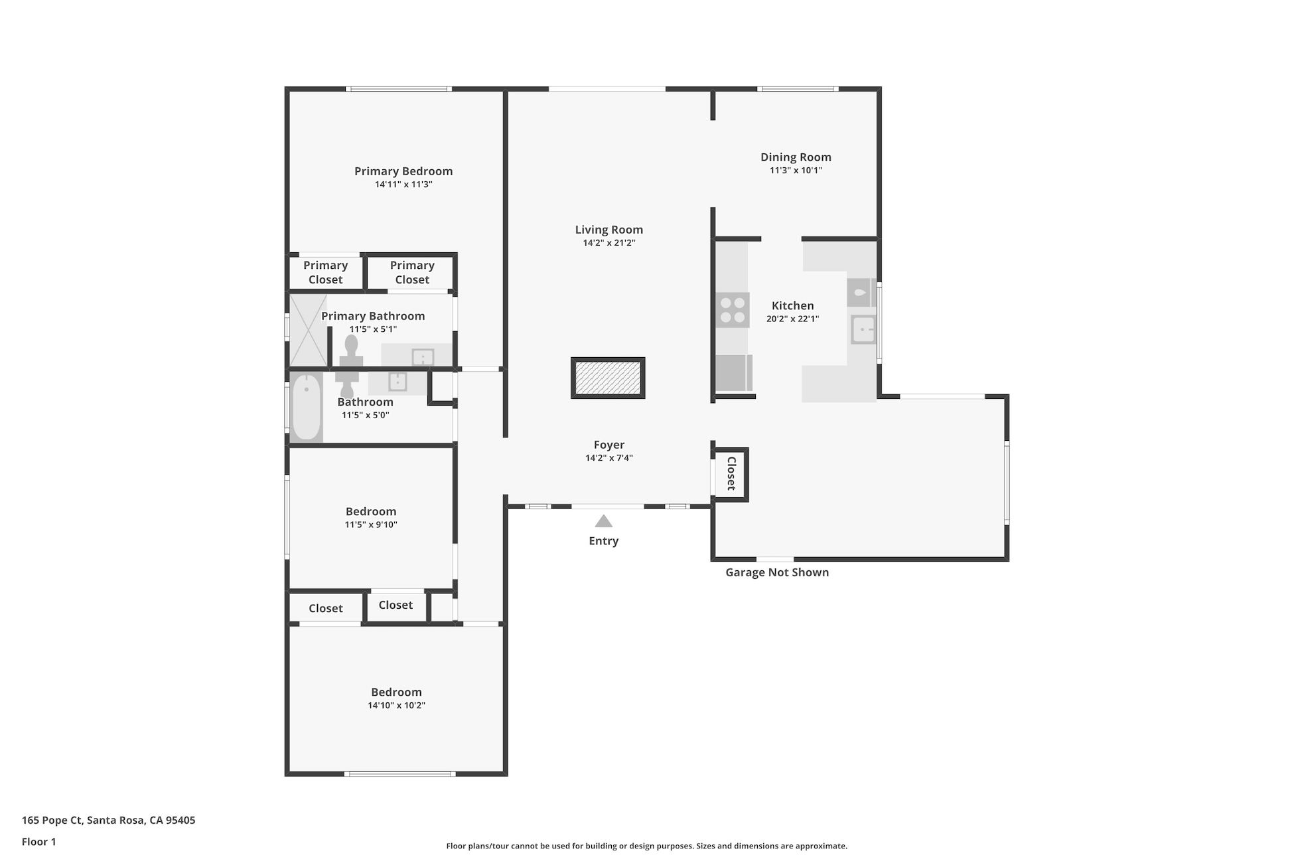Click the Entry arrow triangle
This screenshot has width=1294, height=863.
click(x=603, y=521)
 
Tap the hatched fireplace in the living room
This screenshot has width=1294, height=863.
click(x=608, y=378)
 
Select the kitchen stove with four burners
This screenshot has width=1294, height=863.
click(x=733, y=310)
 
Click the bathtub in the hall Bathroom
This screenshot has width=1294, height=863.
click(x=307, y=407)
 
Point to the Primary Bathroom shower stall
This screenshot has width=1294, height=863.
click(x=309, y=330)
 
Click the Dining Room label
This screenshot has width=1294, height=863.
click(x=796, y=157)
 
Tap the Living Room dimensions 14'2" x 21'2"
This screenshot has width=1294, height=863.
click(x=609, y=243)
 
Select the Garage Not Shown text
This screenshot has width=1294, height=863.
click(x=777, y=572)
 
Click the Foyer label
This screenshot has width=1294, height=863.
click(x=609, y=445)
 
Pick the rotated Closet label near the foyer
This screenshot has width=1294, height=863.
click(x=731, y=473)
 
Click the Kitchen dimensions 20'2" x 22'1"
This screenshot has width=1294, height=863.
click(x=793, y=319)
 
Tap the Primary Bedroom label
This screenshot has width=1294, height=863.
click(x=403, y=171)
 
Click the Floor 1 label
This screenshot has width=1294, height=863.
click(x=39, y=842)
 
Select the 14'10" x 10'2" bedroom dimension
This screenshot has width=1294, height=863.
click(x=397, y=706)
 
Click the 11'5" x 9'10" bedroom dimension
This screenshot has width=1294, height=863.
click(x=371, y=524)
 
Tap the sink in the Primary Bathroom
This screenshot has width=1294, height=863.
click(x=423, y=357)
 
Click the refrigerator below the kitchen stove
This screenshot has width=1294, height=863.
click(x=734, y=373)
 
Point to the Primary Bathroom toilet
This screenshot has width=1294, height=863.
click(x=351, y=351)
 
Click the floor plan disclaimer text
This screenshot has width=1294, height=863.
click(x=647, y=846)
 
